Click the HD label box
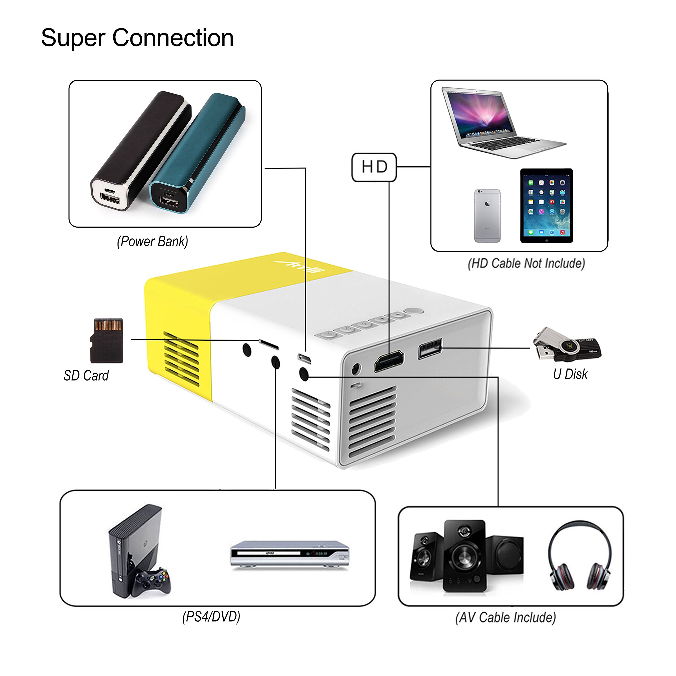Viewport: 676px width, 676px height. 374,167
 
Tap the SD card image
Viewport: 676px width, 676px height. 107,340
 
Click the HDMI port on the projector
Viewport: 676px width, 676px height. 389,362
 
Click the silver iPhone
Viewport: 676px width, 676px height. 487,216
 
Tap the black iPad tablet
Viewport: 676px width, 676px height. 546,206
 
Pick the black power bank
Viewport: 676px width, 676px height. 140,151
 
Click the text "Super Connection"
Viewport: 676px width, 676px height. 137,38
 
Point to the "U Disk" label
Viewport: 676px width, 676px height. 570,374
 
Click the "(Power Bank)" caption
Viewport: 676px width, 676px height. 153,241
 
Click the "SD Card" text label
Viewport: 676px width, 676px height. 86,376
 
